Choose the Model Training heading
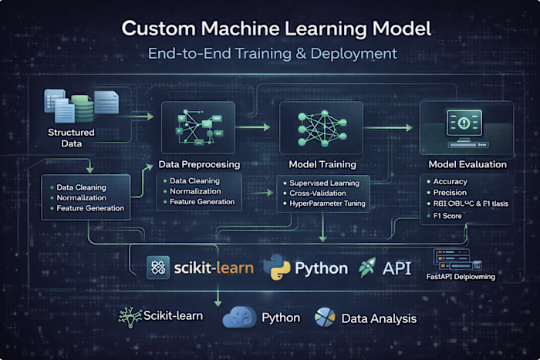point(322,164)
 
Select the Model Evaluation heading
point(468,164)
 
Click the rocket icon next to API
point(369,267)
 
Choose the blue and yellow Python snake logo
point(276,267)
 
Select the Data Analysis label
point(377,318)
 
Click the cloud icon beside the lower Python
point(238,318)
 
